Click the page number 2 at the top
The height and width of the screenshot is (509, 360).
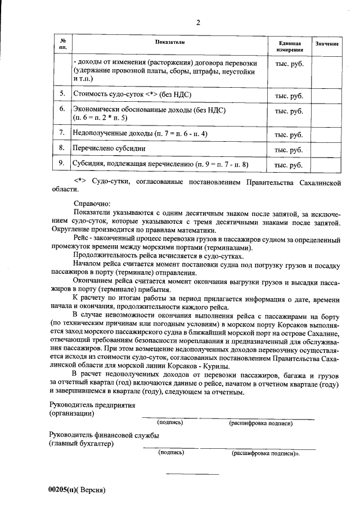click(197, 22)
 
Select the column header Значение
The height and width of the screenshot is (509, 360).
click(327, 44)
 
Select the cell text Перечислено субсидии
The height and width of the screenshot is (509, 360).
click(110, 148)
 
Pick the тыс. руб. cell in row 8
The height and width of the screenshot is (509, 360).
click(289, 150)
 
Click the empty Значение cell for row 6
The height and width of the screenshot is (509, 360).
click(327, 113)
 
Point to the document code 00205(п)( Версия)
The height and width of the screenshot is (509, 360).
click(77, 489)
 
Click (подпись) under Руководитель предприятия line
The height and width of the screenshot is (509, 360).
click(170, 422)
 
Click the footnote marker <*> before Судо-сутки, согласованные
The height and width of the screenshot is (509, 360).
click(82, 182)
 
